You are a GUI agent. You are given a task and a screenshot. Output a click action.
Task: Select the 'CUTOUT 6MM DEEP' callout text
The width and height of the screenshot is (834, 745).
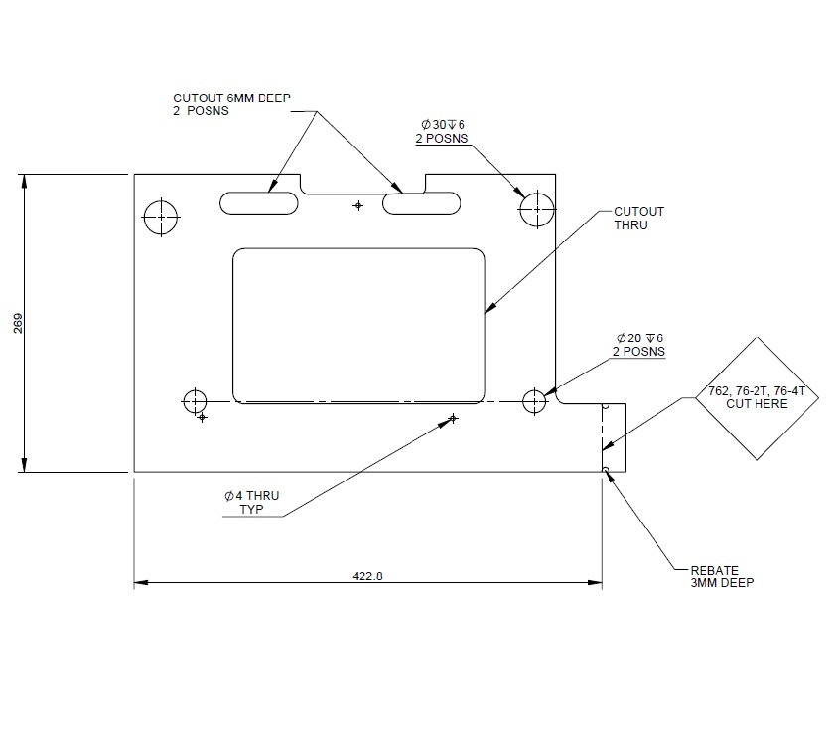pyautogui.click(x=231, y=104)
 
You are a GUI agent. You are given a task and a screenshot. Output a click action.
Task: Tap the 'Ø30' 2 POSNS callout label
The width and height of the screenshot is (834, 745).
pyautogui.click(x=442, y=131)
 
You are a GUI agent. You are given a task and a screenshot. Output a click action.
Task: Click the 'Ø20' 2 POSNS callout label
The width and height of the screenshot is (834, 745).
pyautogui.click(x=638, y=345)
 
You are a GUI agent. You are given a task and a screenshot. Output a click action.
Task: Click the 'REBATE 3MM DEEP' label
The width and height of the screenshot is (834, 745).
pyautogui.click(x=722, y=577)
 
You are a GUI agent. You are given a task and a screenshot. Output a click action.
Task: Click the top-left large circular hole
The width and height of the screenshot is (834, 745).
pyautogui.click(x=160, y=216)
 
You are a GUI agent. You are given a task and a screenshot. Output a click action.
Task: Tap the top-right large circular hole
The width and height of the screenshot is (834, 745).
pyautogui.click(x=536, y=209)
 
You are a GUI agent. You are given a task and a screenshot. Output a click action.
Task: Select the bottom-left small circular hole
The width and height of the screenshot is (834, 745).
pyautogui.click(x=195, y=401)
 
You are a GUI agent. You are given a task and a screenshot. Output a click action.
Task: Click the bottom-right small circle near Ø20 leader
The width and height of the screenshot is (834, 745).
pyautogui.click(x=534, y=401)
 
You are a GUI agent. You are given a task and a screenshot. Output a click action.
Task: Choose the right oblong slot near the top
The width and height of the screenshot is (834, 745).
pyautogui.click(x=423, y=204)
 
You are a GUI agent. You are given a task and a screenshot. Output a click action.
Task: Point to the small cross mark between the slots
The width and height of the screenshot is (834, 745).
pyautogui.click(x=358, y=205)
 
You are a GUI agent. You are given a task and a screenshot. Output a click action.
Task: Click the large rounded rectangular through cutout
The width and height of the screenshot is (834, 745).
pyautogui.click(x=358, y=324)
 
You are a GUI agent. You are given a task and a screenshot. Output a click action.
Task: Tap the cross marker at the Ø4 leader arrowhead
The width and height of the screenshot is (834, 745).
pyautogui.click(x=453, y=419)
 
